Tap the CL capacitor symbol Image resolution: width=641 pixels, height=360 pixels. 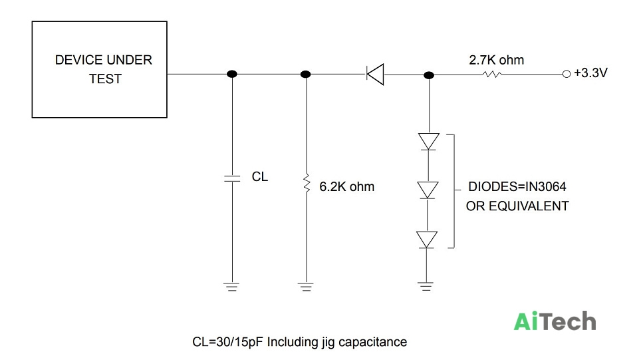click(232, 178)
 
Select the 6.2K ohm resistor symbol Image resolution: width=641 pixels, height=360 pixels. click(307, 182)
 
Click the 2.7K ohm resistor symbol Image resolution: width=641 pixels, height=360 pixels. click(492, 75)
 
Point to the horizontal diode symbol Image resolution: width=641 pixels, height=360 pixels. click(375, 75)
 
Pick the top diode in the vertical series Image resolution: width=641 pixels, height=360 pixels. click(428, 142)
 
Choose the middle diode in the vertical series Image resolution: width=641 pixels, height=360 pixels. click(428, 190)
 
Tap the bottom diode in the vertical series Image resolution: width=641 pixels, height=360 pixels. click(427, 240)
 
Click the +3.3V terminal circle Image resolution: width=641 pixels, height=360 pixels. click(566, 74)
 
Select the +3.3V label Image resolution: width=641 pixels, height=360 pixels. click(590, 73)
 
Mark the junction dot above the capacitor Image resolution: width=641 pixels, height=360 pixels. click(232, 74)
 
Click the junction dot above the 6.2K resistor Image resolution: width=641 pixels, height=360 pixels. click(305, 74)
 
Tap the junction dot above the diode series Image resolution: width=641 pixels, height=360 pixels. click(429, 75)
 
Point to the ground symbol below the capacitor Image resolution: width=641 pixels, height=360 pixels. click(232, 286)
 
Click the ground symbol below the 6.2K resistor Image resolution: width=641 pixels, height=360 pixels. click(306, 286)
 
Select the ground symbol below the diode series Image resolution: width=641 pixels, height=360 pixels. click(426, 286)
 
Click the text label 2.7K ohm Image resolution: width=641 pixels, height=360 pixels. click(496, 60)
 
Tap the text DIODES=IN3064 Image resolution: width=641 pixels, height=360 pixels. click(517, 186)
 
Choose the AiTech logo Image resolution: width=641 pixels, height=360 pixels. click(555, 321)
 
